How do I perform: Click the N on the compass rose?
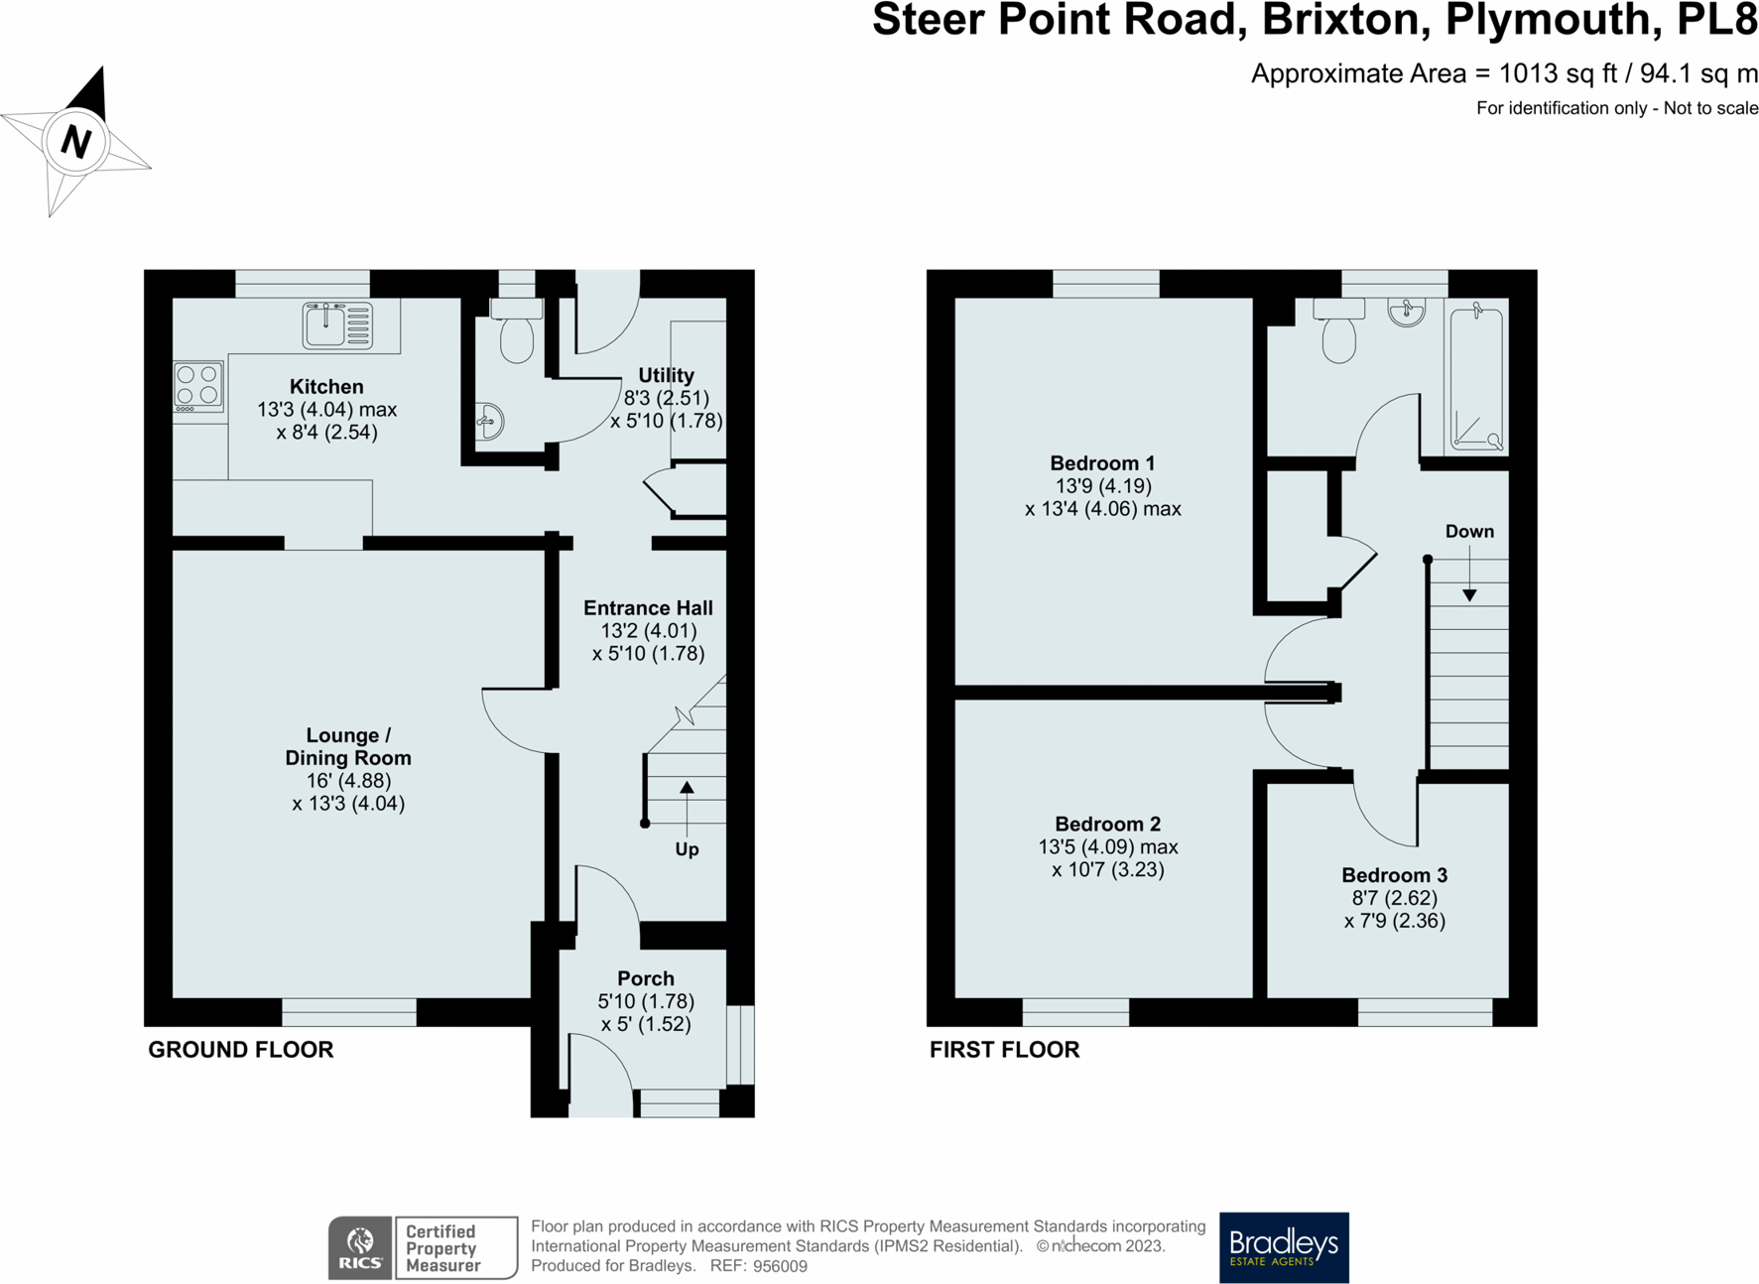[76, 141]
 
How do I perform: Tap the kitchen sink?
[338, 325]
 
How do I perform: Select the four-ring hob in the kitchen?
[198, 386]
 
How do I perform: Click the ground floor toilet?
[517, 329]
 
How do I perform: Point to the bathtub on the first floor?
[1476, 378]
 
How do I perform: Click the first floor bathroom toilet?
[1339, 330]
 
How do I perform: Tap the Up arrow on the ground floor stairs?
[687, 809]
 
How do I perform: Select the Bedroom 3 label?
[1394, 875]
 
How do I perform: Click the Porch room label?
[646, 978]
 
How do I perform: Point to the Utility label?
[666, 375]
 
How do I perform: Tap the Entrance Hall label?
[648, 608]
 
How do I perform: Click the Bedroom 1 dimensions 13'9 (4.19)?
[1103, 486]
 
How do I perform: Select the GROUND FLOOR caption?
[241, 1050]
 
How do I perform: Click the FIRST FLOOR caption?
[1004, 1050]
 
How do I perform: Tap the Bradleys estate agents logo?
[1284, 1247]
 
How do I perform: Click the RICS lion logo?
[360, 1247]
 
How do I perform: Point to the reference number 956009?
[781, 1266]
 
